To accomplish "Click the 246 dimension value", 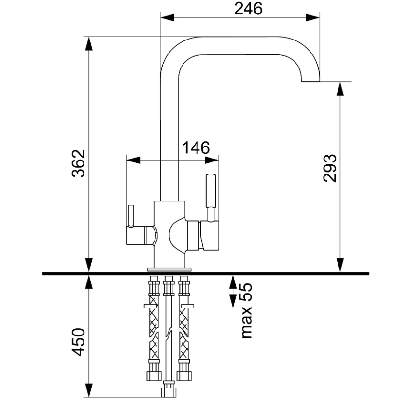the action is tap(248, 9).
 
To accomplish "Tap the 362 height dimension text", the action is tap(79, 163).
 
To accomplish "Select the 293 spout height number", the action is tap(330, 168).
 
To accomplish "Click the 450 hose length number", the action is tap(79, 342).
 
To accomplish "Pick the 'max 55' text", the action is tap(246, 310).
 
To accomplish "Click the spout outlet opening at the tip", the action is tap(310, 82).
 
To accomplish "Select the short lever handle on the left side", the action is tap(131, 216).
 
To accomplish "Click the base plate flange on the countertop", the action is tap(169, 269).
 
